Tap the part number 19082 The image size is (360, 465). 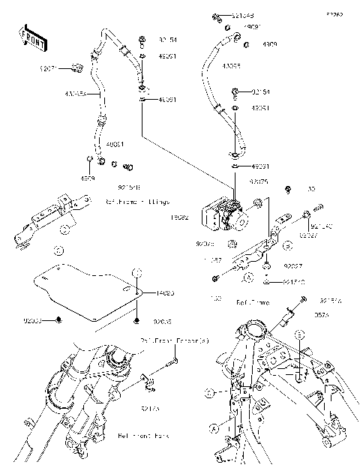180,217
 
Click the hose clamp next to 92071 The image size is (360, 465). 76,70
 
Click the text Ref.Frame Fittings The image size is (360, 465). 137,202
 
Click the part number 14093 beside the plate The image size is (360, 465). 165,295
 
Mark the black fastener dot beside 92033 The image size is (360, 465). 58,320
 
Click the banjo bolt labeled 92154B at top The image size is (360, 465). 216,16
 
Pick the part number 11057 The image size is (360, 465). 214,260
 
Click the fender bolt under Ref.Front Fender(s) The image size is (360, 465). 167,362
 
